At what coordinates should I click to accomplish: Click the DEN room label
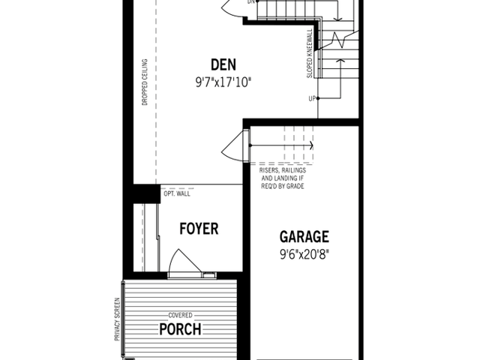223,64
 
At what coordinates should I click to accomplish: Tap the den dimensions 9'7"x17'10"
223,82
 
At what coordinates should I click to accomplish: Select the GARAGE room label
304,237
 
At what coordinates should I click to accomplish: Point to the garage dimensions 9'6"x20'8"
304,254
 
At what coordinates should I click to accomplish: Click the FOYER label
199,229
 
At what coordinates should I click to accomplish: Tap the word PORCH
180,329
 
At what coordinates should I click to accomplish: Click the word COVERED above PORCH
180,315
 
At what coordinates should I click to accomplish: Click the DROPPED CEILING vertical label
145,82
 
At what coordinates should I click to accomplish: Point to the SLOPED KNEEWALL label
310,53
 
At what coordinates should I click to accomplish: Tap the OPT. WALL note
177,193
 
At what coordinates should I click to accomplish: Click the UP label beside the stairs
312,98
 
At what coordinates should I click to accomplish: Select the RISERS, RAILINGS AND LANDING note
283,178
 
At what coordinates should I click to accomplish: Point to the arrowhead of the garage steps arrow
312,145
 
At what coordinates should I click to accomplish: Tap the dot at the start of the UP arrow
318,98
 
